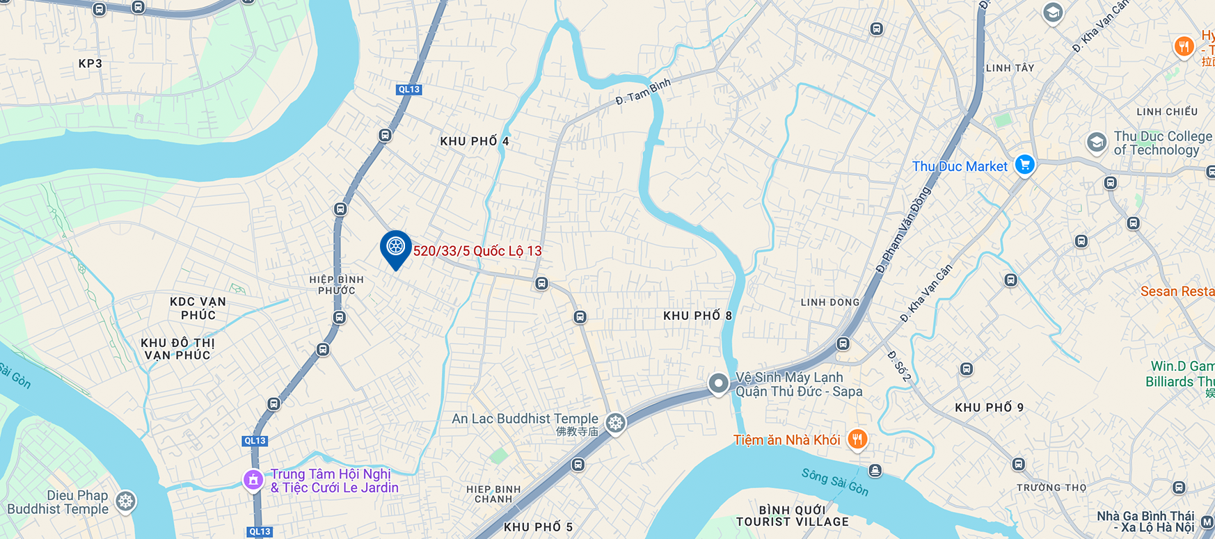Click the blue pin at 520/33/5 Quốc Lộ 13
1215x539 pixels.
pos(395,247)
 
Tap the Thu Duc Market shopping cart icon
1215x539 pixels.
pos(1024,165)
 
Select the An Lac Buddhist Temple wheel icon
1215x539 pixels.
pos(615,422)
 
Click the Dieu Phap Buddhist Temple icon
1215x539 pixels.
pos(125,501)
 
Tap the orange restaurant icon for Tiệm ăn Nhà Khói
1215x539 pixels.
pos(857,440)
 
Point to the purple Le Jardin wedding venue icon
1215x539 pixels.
pos(253,480)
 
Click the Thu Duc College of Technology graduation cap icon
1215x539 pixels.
pos(1096,143)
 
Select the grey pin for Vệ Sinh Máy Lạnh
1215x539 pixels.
pos(718,383)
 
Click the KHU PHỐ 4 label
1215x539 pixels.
pos(475,141)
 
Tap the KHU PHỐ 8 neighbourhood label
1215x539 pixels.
pos(697,316)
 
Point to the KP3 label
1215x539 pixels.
pos(90,63)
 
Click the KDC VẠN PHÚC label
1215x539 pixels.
pos(198,308)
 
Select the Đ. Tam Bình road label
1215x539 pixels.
pos(643,91)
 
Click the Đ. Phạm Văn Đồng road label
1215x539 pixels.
pos(903,230)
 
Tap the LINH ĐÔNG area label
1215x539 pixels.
pos(829,302)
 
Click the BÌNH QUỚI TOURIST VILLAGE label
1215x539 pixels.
pos(793,516)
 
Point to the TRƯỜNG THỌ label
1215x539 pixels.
pos(1051,488)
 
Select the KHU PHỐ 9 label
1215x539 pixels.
pos(989,408)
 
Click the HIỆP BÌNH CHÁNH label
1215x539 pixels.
pos(493,494)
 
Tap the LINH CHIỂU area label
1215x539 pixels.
pos(1167,111)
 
